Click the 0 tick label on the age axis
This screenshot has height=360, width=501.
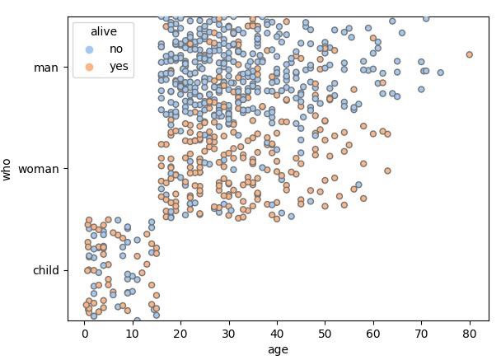tap(84, 333)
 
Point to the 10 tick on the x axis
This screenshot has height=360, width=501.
tap(132, 333)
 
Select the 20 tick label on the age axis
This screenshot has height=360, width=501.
tap(180, 333)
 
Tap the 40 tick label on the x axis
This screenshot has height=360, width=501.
tap(277, 333)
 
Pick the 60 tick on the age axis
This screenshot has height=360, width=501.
tap(373, 333)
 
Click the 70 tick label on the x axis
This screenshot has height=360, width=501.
tap(421, 333)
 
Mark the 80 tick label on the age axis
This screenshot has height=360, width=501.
tap(470, 333)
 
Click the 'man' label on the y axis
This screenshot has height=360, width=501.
tap(46, 68)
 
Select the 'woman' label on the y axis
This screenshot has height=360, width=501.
tap(39, 169)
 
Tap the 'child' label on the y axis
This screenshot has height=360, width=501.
tap(45, 270)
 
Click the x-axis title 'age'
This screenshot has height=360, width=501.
tap(278, 349)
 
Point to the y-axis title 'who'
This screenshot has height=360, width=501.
tap(7, 169)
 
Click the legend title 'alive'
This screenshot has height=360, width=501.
tap(104, 31)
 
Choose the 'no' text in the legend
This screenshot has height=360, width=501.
tap(116, 49)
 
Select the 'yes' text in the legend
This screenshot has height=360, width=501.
tap(119, 67)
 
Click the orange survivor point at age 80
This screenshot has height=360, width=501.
tap(470, 54)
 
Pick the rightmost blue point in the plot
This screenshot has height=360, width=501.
tap(441, 72)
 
